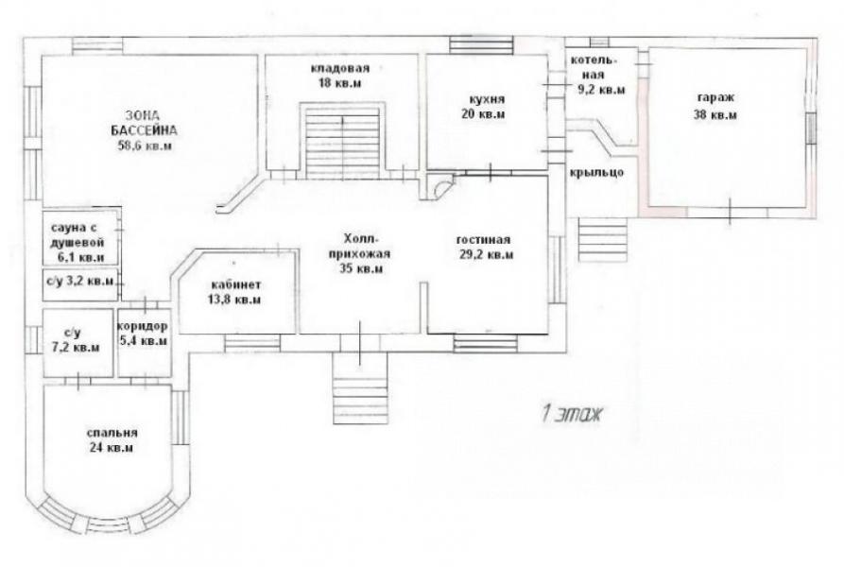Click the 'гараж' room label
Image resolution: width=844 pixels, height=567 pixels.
[715, 98]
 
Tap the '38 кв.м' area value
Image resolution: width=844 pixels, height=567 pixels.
[715, 114]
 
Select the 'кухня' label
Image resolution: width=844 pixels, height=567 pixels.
[487, 99]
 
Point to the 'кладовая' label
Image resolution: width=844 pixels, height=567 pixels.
[340, 68]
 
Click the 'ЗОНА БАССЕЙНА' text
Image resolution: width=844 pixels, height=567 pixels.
[145, 123]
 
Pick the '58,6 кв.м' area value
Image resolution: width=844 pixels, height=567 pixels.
[145, 146]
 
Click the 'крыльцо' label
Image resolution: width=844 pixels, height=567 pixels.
[597, 173]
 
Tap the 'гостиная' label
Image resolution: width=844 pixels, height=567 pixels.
[483, 239]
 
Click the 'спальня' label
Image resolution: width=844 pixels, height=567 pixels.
[112, 433]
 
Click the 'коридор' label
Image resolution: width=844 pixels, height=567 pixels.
[143, 326]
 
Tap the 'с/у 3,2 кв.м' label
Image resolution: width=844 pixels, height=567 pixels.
[80, 281]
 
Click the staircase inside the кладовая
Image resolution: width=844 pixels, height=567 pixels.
[343, 141]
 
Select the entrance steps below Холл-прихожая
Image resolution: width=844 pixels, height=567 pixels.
[360, 387]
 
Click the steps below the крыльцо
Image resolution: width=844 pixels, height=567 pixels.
[603, 239]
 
